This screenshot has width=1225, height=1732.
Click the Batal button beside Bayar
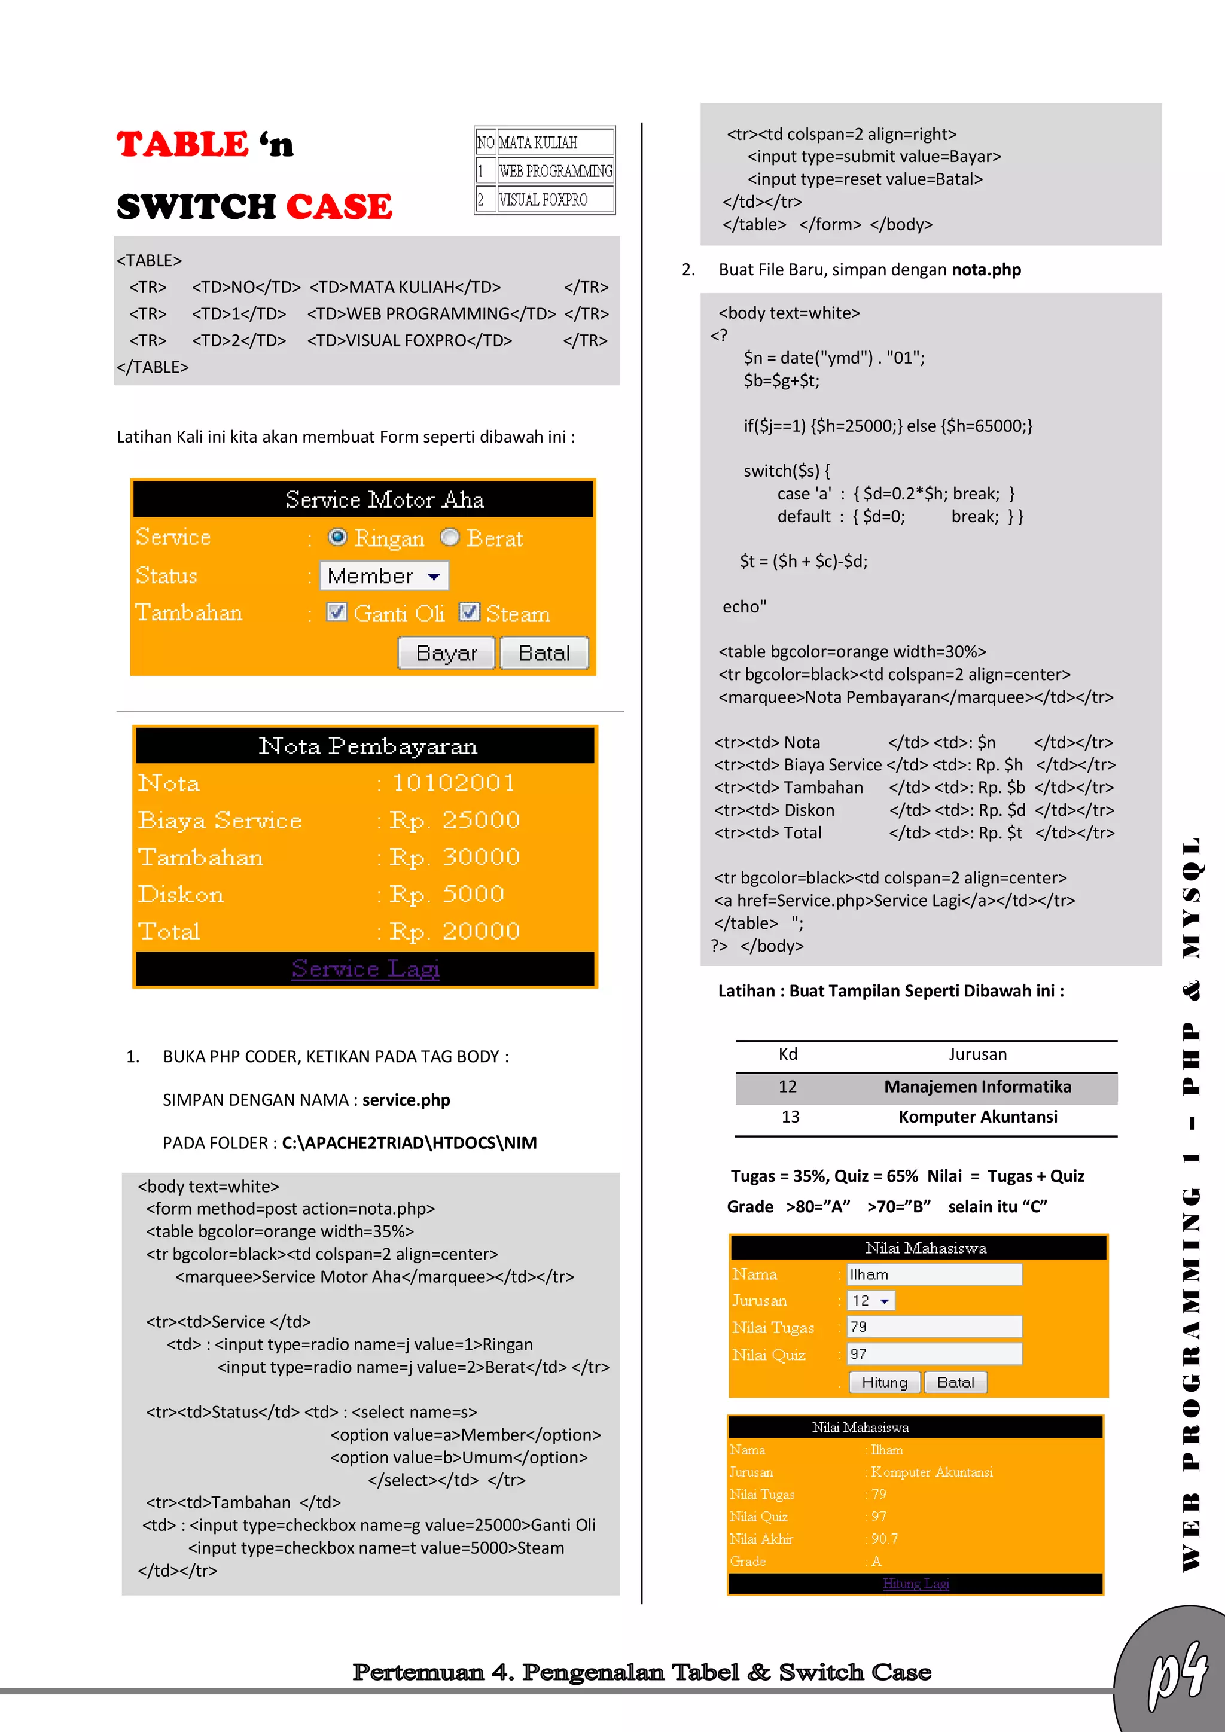(544, 652)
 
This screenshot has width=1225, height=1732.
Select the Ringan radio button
(337, 537)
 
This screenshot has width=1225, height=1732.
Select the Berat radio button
(450, 537)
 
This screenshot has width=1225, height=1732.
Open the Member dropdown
(384, 575)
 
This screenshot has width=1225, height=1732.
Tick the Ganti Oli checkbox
(336, 612)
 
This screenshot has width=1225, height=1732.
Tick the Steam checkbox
(469, 612)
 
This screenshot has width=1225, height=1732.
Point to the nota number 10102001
(453, 783)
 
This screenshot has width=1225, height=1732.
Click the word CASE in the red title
(339, 207)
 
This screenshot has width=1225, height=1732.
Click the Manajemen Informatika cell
(977, 1087)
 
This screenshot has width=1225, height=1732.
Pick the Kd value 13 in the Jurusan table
(790, 1117)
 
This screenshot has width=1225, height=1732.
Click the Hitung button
(884, 1382)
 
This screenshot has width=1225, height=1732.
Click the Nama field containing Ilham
(934, 1274)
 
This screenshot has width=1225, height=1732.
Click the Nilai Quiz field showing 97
(934, 1354)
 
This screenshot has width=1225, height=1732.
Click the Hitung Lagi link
(915, 1584)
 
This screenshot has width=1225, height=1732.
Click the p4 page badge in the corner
(1177, 1676)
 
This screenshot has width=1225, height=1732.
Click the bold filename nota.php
(986, 270)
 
